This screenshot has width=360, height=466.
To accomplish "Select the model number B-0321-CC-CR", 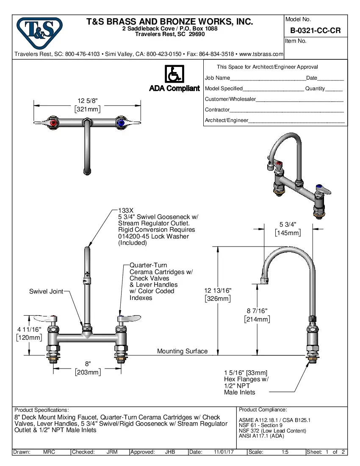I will tap(315, 31).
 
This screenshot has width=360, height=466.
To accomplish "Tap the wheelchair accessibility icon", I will tap(174, 74).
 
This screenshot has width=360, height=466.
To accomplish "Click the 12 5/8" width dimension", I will tap(88, 105).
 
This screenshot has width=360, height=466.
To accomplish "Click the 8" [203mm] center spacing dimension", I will tap(88, 368).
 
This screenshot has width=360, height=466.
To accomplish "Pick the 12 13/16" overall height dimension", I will tap(218, 294).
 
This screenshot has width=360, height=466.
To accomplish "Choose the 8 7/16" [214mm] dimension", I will tap(257, 315).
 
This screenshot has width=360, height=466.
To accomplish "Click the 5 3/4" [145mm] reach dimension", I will tap(288, 228).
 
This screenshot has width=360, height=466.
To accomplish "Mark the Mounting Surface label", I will tap(182, 351).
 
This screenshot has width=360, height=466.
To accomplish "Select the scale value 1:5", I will tap(285, 452).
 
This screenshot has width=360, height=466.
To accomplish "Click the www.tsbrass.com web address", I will tap(261, 54).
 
